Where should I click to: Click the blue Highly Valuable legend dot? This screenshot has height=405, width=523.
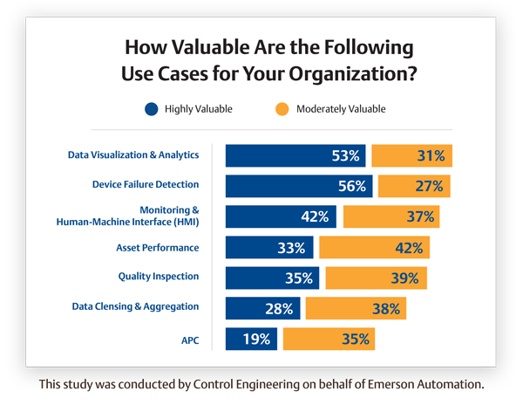(x=152, y=109)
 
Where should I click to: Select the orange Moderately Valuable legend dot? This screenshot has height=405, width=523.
(x=282, y=109)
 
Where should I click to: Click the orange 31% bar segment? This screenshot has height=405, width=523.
(x=411, y=156)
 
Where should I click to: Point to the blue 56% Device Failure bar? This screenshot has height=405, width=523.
(x=299, y=186)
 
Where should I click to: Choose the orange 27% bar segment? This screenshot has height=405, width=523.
(x=414, y=186)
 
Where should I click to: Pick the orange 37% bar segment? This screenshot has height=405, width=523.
(x=391, y=216)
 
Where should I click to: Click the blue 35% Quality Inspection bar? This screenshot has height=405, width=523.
(x=273, y=278)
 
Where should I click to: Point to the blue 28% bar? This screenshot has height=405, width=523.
(x=263, y=308)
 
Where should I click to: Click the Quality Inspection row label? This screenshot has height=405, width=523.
(x=159, y=277)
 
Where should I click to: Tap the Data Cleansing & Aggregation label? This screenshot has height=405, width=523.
(x=135, y=306)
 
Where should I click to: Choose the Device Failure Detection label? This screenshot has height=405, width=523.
(x=146, y=184)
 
